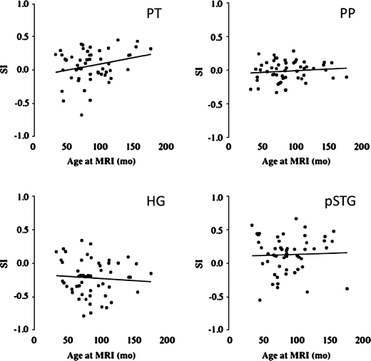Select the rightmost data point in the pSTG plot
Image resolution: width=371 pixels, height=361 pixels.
point(347,288)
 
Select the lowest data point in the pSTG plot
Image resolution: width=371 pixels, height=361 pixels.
point(260,300)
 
